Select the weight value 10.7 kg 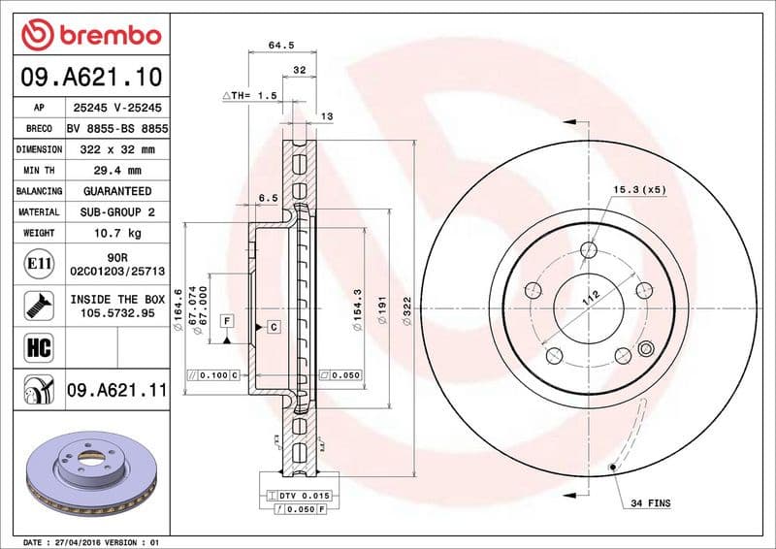pyautogui.click(x=117, y=233)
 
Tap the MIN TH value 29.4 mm pyautogui.click(x=117, y=171)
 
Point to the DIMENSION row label pyautogui.click(x=39, y=150)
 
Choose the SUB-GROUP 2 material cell pyautogui.click(x=117, y=211)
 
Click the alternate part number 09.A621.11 pyautogui.click(x=117, y=391)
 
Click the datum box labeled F pyautogui.click(x=226, y=320)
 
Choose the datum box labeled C pyautogui.click(x=273, y=327)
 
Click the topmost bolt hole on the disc pyautogui.click(x=588, y=252)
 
